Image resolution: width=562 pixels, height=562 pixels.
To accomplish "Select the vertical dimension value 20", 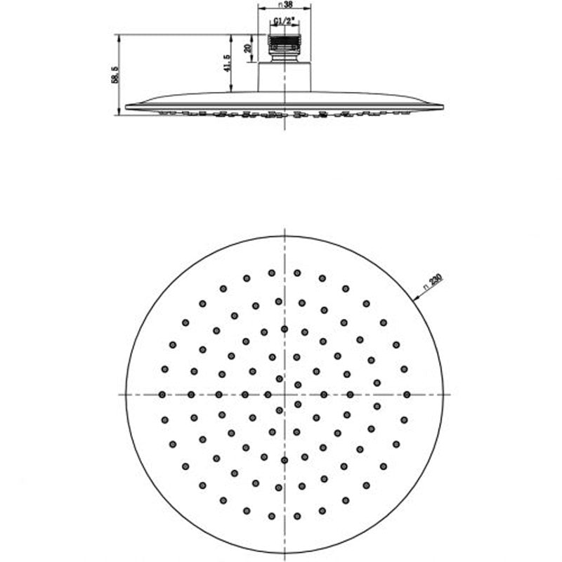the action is click(x=247, y=48).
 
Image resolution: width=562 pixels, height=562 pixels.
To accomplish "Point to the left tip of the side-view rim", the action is click(x=126, y=107).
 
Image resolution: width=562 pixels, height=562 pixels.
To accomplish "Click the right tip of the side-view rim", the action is click(x=443, y=107).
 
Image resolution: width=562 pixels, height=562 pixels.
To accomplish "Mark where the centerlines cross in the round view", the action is click(x=285, y=395).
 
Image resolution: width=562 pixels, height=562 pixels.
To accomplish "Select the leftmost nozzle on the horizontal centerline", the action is click(x=162, y=395).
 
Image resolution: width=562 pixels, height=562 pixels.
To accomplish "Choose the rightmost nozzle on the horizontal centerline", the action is click(x=407, y=395).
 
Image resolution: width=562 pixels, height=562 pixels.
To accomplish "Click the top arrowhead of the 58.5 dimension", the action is click(x=119, y=37).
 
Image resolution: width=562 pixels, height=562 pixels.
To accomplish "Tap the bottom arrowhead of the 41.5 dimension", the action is click(x=232, y=89).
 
